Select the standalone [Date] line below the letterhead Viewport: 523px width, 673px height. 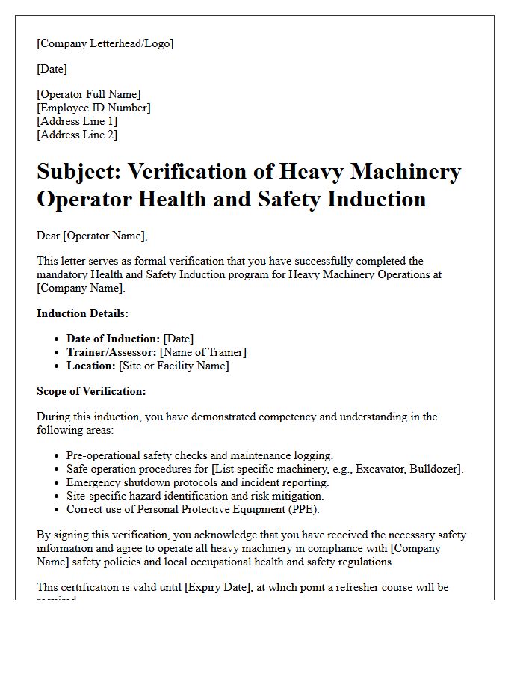click(x=52, y=69)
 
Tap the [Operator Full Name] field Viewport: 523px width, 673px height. click(x=88, y=94)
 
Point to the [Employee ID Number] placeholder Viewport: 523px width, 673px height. click(x=93, y=108)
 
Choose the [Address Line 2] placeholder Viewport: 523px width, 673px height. click(x=77, y=135)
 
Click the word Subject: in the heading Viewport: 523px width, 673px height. click(x=78, y=172)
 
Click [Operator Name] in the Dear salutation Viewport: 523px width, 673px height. click(x=105, y=236)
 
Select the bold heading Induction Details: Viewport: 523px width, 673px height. click(x=82, y=313)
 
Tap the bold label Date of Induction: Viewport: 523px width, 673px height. click(x=113, y=339)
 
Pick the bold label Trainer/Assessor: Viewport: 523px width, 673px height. click(x=111, y=352)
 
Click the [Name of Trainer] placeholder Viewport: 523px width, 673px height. click(x=203, y=352)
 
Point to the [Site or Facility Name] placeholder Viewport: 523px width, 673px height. click(x=174, y=366)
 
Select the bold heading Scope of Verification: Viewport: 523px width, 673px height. click(x=91, y=391)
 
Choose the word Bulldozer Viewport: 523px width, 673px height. click(x=433, y=469)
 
